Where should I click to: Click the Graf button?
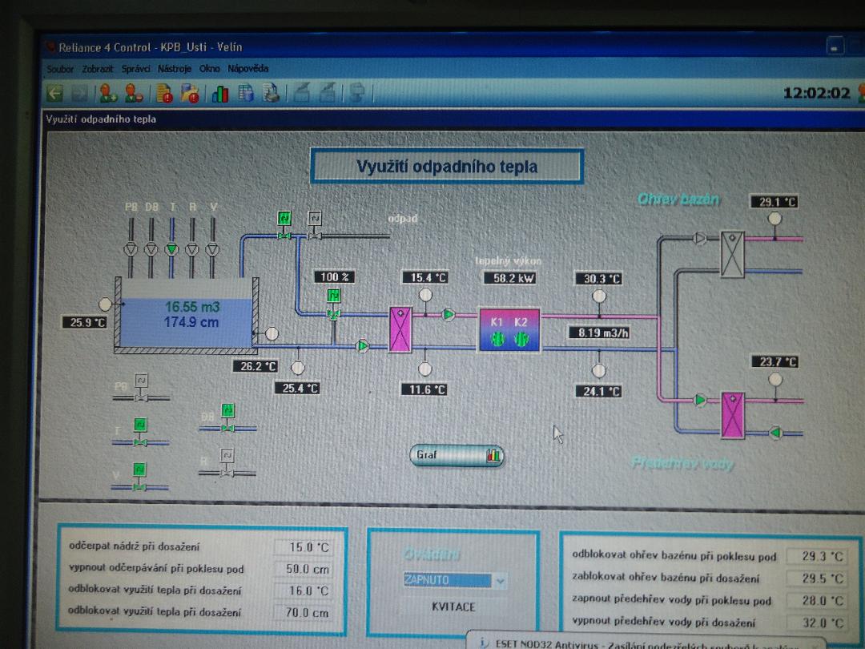pyautogui.click(x=457, y=456)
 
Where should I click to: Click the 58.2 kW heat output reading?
pyautogui.click(x=509, y=278)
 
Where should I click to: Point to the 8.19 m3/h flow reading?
pyautogui.click(x=598, y=332)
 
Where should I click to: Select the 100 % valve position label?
pyautogui.click(x=335, y=277)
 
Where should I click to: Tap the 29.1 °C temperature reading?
pyautogui.click(x=773, y=202)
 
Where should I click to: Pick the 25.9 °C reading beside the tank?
pyautogui.click(x=85, y=322)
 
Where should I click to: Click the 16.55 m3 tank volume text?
pyautogui.click(x=192, y=307)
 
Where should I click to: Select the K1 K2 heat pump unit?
pyautogui.click(x=509, y=330)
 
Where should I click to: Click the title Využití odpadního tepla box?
pyautogui.click(x=446, y=167)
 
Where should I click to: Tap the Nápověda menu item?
pyautogui.click(x=248, y=69)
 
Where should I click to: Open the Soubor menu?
pyautogui.click(x=60, y=70)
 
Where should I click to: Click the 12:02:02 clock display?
pyautogui.click(x=816, y=93)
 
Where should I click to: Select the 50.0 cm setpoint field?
pyautogui.click(x=303, y=569)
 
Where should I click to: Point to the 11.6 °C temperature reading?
pyautogui.click(x=424, y=389)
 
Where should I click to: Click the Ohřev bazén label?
pyautogui.click(x=678, y=199)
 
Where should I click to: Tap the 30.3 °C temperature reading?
pyautogui.click(x=598, y=279)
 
